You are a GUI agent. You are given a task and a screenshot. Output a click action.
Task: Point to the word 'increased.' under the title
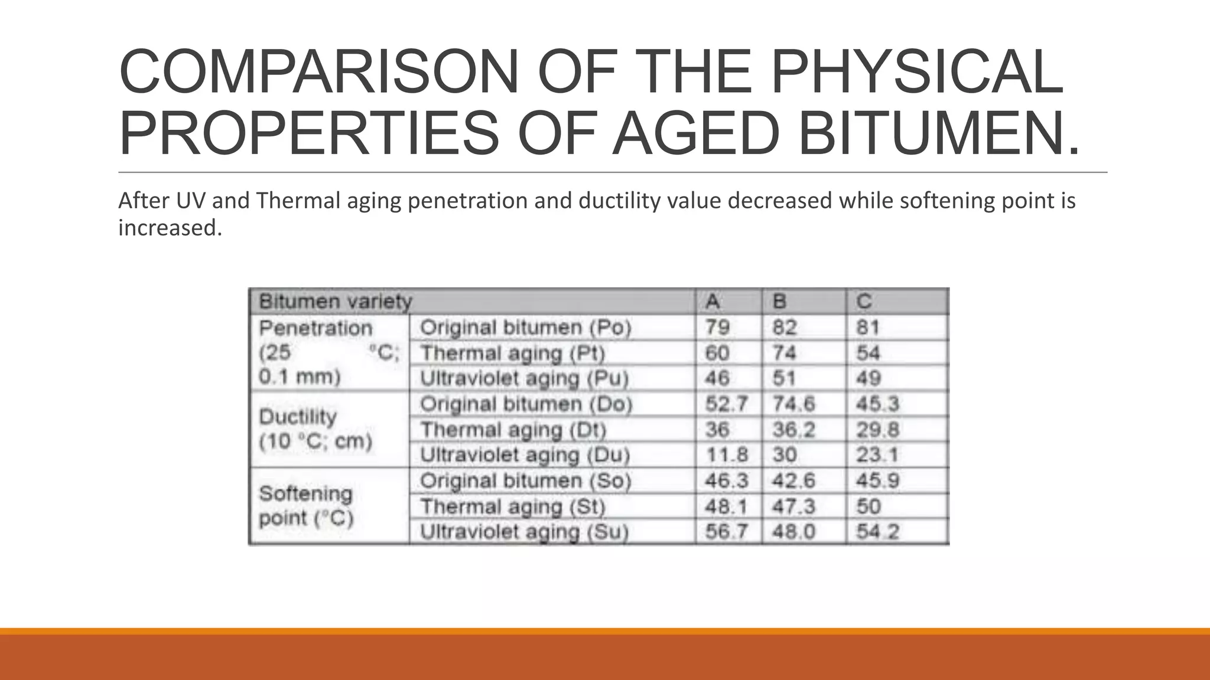pyautogui.click(x=170, y=228)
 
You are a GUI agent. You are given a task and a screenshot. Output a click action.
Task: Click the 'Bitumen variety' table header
pyautogui.click(x=335, y=302)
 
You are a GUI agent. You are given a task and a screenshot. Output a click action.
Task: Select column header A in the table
pyautogui.click(x=713, y=302)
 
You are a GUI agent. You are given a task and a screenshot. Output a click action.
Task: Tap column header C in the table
pyautogui.click(x=864, y=302)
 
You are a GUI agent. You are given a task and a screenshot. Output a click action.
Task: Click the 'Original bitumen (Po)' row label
pyautogui.click(x=525, y=328)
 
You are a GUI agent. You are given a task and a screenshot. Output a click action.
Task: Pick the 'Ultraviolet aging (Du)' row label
pyautogui.click(x=525, y=455)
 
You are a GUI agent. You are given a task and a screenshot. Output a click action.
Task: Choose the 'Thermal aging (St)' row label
pyautogui.click(x=513, y=506)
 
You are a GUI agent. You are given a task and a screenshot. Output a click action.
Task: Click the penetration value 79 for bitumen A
pyautogui.click(x=717, y=328)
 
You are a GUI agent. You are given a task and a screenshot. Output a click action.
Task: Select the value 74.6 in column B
pyautogui.click(x=793, y=404)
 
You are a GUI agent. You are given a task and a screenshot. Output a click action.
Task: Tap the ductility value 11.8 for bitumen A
pyautogui.click(x=726, y=455)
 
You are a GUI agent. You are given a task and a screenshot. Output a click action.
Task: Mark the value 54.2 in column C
pyautogui.click(x=877, y=532)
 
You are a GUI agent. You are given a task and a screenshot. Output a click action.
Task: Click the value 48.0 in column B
pyautogui.click(x=793, y=532)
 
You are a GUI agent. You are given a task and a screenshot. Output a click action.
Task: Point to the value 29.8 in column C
pyautogui.click(x=877, y=430)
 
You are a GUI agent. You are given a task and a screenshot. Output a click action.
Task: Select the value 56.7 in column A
pyautogui.click(x=726, y=532)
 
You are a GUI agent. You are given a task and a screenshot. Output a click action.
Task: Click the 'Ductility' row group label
pyautogui.click(x=298, y=417)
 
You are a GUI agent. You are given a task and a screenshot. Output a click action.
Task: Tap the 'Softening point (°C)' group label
pyautogui.click(x=305, y=506)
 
